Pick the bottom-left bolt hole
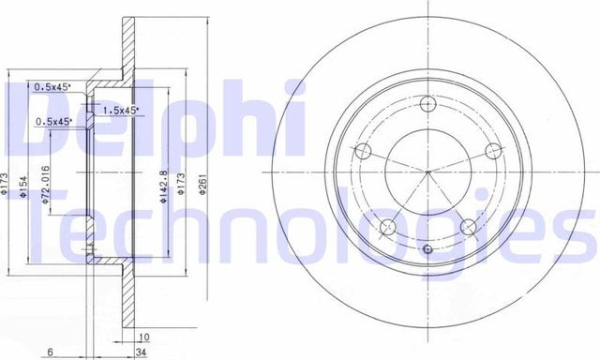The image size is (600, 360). (389, 224)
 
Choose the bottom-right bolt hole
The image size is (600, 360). (466, 224)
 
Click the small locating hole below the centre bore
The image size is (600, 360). (427, 249)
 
